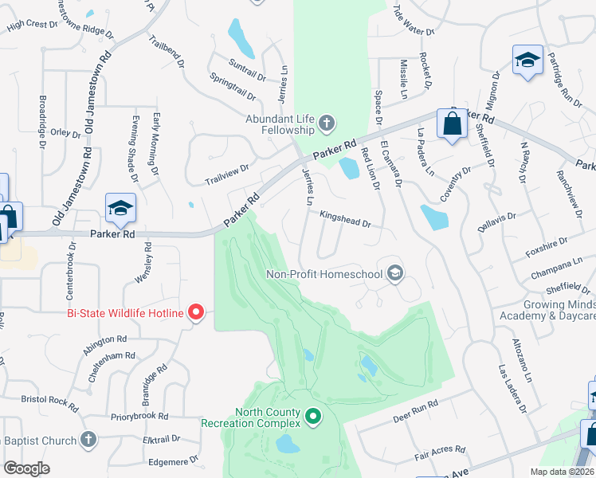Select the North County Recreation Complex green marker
[313, 416]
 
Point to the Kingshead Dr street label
[345, 220]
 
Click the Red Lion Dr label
[370, 168]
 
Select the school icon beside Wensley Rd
[120, 209]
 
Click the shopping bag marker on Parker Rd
[452, 125]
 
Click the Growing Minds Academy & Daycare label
[559, 311]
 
